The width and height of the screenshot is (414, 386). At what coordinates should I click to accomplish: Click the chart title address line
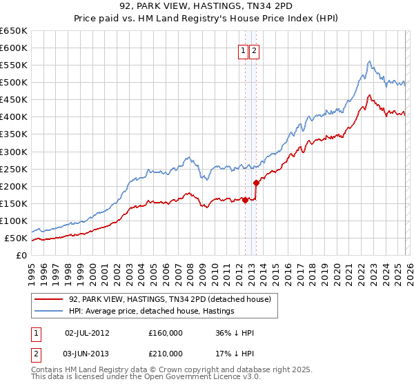[207, 7]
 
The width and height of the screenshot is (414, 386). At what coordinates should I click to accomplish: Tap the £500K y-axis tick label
[14, 83]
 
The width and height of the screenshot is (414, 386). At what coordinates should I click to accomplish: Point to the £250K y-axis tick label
[14, 169]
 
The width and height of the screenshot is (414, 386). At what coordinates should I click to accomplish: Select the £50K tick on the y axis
[17, 238]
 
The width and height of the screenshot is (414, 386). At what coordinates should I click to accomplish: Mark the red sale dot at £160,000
[245, 200]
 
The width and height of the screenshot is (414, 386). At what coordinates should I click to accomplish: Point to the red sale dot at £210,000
[256, 183]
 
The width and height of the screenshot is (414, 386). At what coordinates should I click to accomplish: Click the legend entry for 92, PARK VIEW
[173, 299]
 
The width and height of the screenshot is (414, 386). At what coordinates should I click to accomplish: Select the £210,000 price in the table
[166, 353]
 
